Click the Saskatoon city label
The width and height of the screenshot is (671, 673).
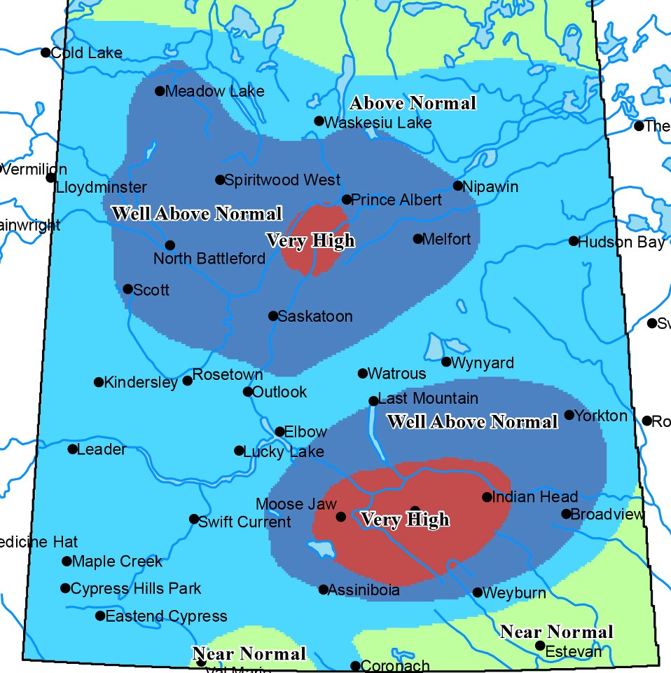click(314, 317)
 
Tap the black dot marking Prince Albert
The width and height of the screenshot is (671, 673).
click(346, 200)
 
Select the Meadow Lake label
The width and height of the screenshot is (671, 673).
click(214, 91)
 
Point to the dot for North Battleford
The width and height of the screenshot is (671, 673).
click(170, 245)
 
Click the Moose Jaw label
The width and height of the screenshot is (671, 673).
click(296, 504)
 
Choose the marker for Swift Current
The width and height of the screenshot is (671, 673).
click(194, 519)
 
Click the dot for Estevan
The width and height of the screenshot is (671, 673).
click(540, 646)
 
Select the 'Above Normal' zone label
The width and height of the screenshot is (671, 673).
click(413, 104)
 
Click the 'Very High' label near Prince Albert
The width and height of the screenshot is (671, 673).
click(310, 241)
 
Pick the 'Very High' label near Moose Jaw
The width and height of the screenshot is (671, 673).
click(404, 519)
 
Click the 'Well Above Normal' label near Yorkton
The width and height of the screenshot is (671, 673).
click(472, 422)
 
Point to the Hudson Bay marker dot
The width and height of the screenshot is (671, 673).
click(574, 241)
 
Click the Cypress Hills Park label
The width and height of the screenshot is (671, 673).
click(136, 588)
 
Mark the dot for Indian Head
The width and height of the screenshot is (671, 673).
click(487, 497)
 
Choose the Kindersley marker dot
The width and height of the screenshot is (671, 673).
click(99, 382)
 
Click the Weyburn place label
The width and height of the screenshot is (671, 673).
click(514, 593)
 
